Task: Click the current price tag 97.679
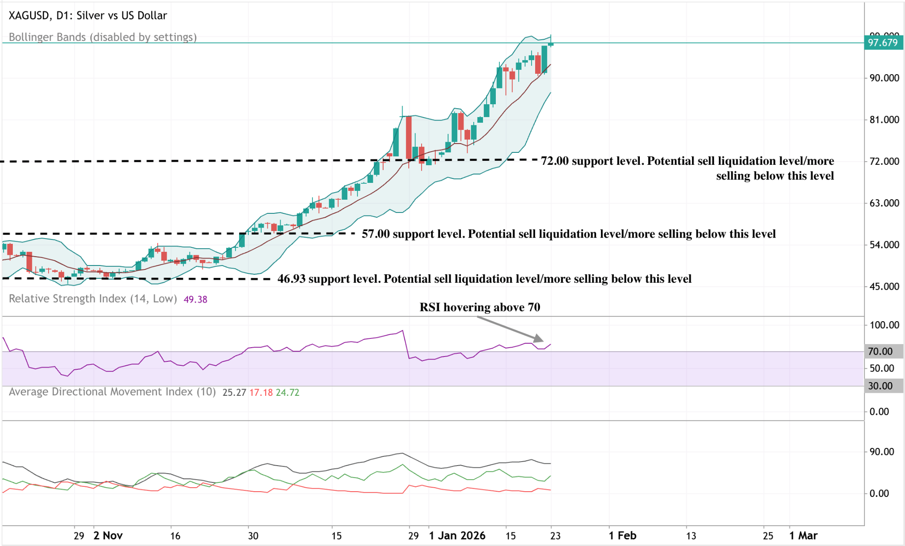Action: [x=883, y=43]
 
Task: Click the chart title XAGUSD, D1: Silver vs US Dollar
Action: [x=88, y=15]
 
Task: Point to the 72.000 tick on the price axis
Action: [x=884, y=161]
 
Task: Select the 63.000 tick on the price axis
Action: [x=884, y=203]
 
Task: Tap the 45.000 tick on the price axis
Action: [x=884, y=287]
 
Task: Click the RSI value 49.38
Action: [x=195, y=300]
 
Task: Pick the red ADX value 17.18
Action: [x=261, y=393]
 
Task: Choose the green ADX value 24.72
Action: [x=287, y=393]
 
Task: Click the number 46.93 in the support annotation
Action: [x=291, y=279]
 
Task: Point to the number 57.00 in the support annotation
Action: [x=376, y=234]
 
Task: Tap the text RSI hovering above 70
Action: [x=479, y=307]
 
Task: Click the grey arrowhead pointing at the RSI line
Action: [x=539, y=339]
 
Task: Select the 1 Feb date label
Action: [x=622, y=536]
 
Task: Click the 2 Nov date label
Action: [x=108, y=536]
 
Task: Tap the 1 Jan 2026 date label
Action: [x=457, y=536]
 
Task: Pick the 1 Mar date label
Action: [x=803, y=536]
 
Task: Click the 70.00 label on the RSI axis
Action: [x=880, y=352]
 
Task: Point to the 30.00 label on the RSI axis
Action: [x=880, y=386]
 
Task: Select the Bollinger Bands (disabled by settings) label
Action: [x=103, y=37]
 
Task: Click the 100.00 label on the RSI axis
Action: [x=884, y=325]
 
